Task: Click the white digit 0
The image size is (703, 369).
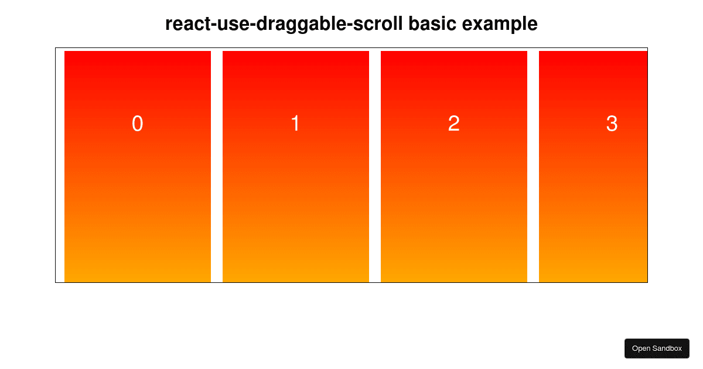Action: point(137,124)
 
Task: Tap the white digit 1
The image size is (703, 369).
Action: point(295,124)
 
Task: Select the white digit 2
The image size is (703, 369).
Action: point(453,124)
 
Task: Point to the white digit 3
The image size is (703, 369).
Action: point(612,124)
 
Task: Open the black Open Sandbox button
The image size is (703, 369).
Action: point(657,348)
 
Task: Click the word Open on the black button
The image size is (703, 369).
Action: point(641,348)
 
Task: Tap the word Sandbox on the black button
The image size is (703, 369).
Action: point(668,348)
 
